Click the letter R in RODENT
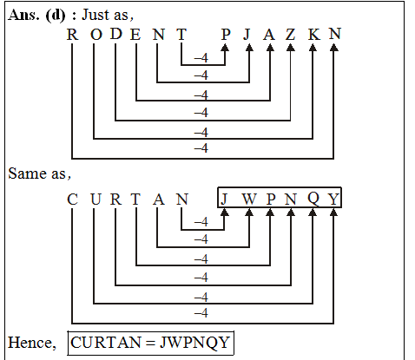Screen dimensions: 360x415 click(73, 35)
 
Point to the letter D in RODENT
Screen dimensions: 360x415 click(115, 35)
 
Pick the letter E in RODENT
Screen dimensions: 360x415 click(135, 35)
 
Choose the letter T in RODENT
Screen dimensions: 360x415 click(181, 35)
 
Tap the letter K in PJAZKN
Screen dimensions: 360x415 click(313, 35)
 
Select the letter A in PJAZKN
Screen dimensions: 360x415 click(269, 35)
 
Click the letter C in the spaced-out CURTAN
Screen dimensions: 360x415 click(73, 200)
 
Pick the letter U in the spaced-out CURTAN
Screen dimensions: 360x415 click(94, 200)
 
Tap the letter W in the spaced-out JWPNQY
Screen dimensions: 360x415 click(249, 200)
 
